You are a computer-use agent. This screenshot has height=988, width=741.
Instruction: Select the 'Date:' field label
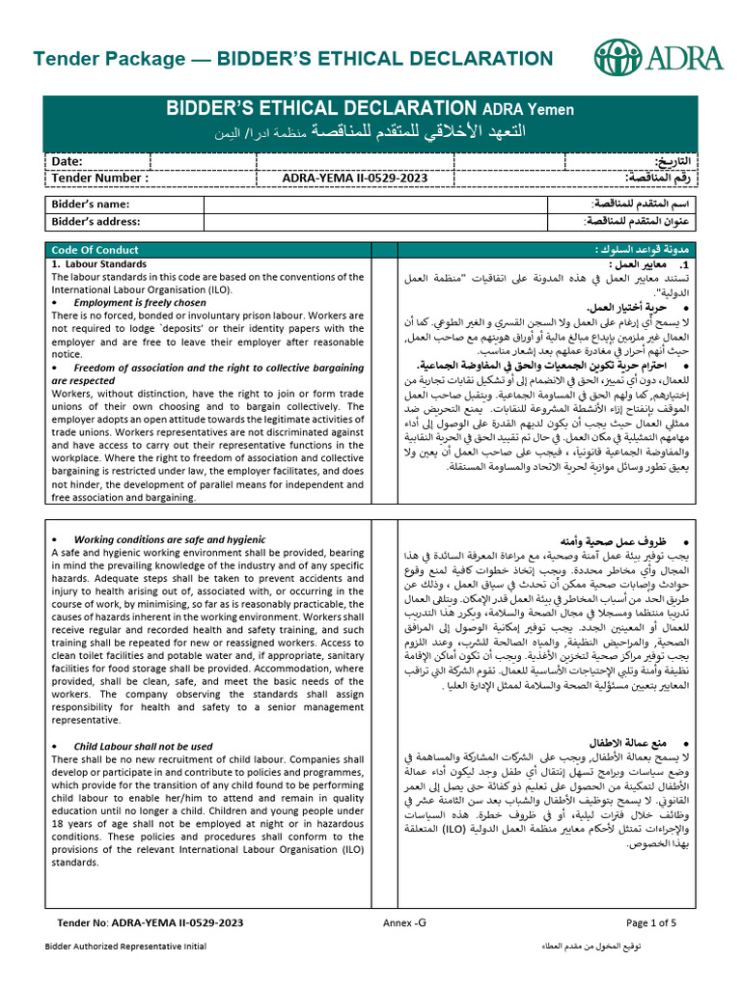pos(67,161)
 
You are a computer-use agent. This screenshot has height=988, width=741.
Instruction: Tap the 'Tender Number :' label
pos(99,178)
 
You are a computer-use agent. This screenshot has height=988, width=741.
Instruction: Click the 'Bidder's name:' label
pos(90,205)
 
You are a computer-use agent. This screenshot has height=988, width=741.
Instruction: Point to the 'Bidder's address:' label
pos(96,222)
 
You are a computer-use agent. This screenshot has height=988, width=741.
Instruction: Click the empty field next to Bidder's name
pos(380,205)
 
